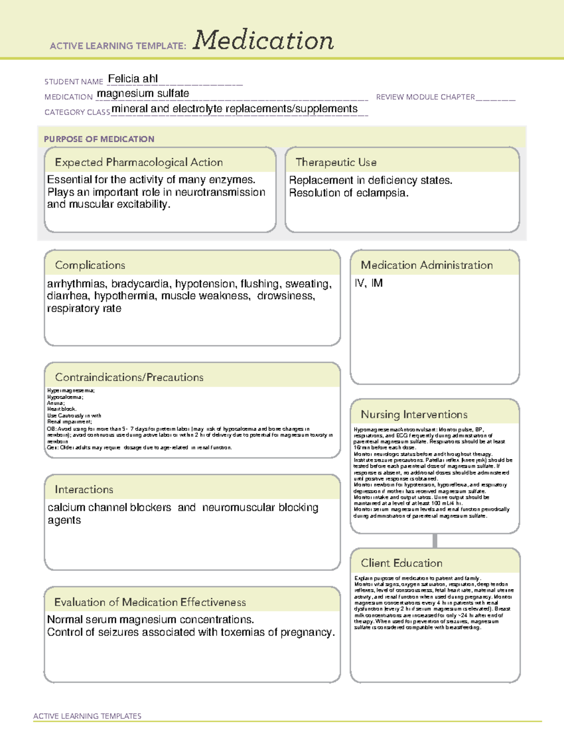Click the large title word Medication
[263, 40]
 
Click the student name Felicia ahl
[133, 78]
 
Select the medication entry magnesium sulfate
[143, 94]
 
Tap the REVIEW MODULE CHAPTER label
[425, 97]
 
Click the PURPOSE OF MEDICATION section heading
[99, 139]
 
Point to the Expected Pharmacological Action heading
[139, 162]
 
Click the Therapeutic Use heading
[336, 162]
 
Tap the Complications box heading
[90, 265]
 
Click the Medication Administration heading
[426, 265]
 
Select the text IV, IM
[368, 283]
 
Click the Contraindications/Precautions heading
[129, 377]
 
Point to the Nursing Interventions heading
[414, 414]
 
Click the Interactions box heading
[84, 489]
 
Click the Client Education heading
[401, 563]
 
